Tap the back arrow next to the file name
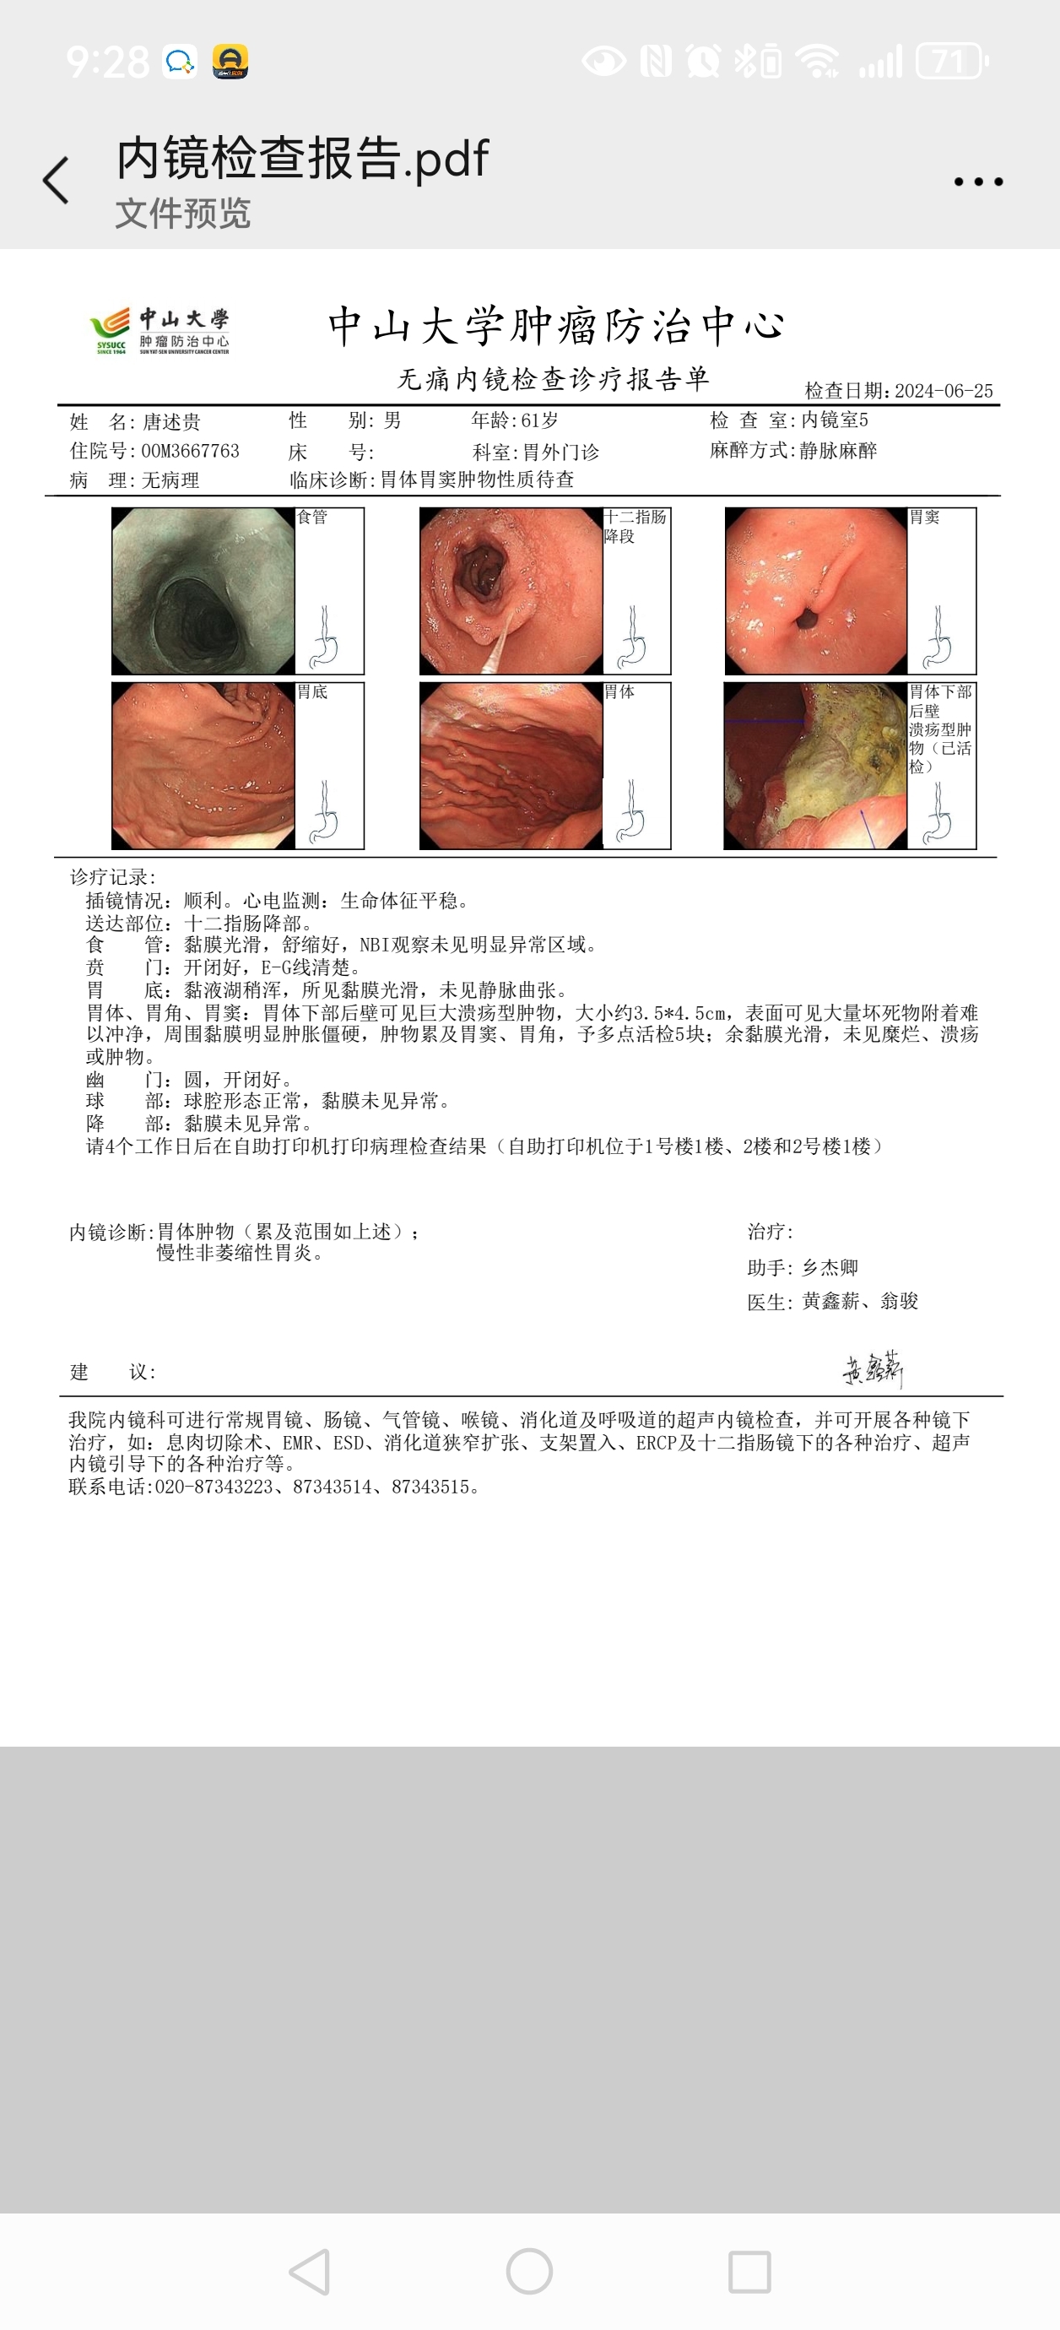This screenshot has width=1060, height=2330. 56,180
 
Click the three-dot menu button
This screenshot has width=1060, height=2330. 979,182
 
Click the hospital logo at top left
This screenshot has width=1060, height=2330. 160,332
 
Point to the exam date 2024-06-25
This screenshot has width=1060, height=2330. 944,391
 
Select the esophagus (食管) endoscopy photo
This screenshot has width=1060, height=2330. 203,591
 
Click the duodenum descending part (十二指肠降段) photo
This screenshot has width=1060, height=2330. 511,591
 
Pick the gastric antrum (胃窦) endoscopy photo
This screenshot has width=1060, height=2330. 816,591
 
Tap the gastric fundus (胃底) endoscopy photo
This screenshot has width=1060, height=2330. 203,765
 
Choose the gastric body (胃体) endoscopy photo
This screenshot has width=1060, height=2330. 511,765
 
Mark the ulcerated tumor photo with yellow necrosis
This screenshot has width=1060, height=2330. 816,765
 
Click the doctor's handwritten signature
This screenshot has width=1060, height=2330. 873,1368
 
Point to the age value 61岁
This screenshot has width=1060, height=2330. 540,420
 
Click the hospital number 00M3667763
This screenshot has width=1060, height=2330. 190,451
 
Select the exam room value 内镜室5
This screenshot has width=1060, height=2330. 834,420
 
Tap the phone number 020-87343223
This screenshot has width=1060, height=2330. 214,1487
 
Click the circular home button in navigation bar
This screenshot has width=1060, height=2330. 529,2271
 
